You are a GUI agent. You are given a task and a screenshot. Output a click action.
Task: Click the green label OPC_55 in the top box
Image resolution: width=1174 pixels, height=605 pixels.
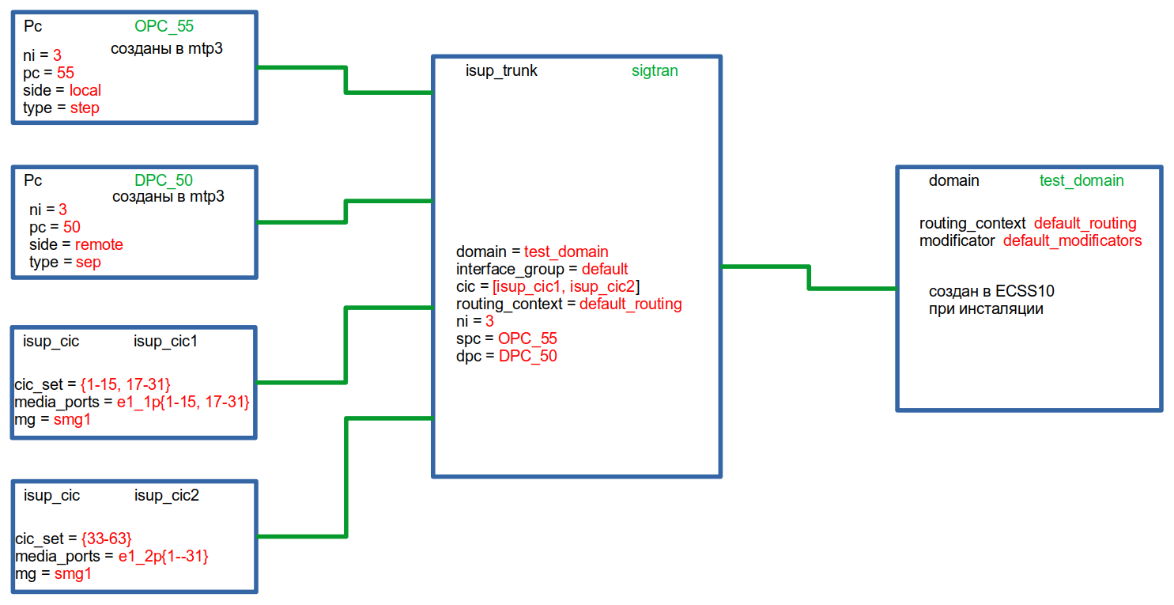[164, 26]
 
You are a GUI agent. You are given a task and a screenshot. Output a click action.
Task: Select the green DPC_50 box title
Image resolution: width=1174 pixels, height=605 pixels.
[164, 180]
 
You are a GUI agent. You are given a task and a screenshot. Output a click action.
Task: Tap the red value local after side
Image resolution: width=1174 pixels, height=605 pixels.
[85, 90]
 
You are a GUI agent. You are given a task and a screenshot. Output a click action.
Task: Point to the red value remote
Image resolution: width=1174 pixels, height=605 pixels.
[99, 244]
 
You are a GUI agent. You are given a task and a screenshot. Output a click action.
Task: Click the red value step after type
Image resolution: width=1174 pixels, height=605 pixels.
[85, 108]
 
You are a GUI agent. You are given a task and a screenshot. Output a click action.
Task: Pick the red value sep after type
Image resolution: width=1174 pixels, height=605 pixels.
[89, 262]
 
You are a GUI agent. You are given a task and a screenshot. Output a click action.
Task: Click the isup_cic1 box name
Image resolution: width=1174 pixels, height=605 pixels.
[165, 342]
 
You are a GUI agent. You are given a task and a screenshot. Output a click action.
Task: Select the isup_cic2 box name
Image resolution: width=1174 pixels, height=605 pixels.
[166, 496]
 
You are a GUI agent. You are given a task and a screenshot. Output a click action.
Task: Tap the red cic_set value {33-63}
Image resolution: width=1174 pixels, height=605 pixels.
[106, 539]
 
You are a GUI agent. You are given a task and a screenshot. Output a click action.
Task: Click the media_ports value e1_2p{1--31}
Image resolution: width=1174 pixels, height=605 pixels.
[163, 556]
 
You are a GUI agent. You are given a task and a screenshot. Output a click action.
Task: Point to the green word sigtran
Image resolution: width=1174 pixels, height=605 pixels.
[655, 70]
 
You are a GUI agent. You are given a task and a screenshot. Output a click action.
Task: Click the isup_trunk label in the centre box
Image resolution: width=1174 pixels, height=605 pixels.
[501, 70]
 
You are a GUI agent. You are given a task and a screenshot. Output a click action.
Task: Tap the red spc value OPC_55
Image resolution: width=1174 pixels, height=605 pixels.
[527, 338]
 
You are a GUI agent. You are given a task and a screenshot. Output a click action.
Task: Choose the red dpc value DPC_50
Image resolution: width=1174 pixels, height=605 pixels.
[527, 356]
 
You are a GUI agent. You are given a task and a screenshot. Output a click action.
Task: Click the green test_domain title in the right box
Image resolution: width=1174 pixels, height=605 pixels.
[1081, 180]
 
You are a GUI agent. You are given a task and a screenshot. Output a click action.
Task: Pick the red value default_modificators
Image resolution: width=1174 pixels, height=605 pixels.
[1072, 240]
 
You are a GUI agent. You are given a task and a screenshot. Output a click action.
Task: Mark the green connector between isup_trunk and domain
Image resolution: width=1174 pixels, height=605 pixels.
[808, 276]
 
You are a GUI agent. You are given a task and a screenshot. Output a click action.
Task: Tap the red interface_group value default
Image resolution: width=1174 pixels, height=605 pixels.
[605, 269]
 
